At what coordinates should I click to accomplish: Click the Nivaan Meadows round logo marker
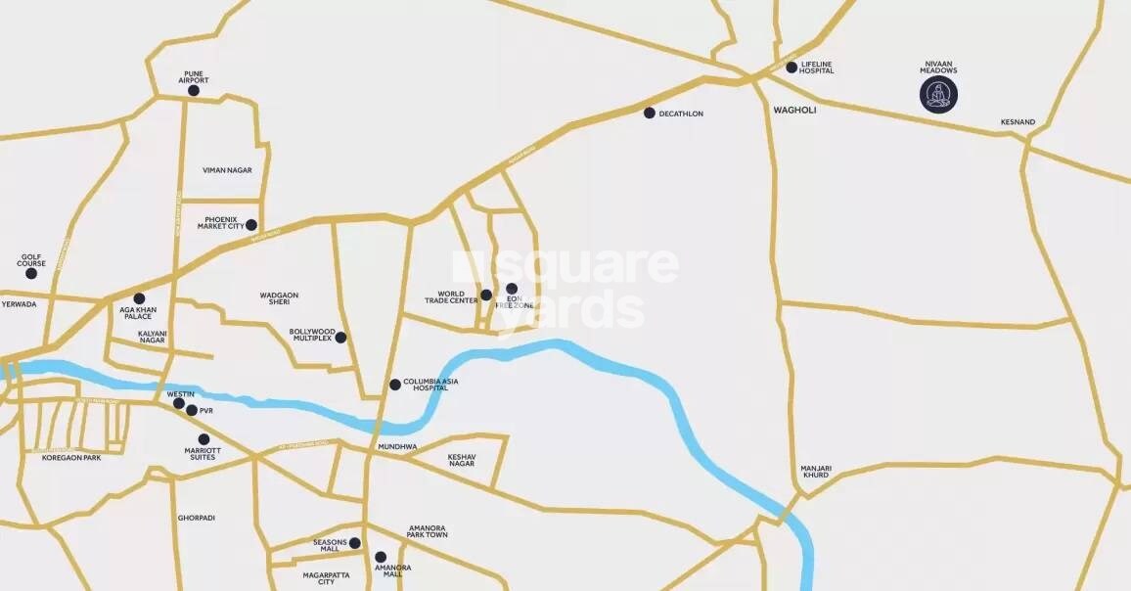[x=938, y=95]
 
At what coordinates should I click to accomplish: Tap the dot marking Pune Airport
[x=194, y=91]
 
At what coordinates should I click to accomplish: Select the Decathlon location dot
[x=649, y=114]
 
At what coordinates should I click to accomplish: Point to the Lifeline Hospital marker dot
[x=792, y=68]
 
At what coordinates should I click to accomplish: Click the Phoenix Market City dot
[x=251, y=225]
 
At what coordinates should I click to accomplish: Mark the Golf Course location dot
[x=31, y=273]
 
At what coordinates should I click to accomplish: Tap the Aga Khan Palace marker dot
[x=139, y=298]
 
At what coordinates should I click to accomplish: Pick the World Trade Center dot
[x=485, y=295]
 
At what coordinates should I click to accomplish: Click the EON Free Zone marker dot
[x=512, y=289]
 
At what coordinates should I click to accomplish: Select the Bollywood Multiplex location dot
[x=340, y=338]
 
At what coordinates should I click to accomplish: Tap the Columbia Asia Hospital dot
[x=395, y=385]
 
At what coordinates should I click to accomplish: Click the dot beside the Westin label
[x=179, y=403]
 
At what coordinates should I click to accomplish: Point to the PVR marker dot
[x=192, y=411]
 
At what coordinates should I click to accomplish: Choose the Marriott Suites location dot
[x=204, y=439]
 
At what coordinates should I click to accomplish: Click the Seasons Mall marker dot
[x=355, y=543]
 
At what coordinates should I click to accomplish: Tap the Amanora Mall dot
[x=381, y=557]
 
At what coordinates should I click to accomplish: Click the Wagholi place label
[x=794, y=111]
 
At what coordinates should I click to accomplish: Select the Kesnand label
[x=1018, y=122]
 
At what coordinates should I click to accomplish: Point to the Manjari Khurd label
[x=815, y=472]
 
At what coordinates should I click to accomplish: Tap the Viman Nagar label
[x=227, y=170]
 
